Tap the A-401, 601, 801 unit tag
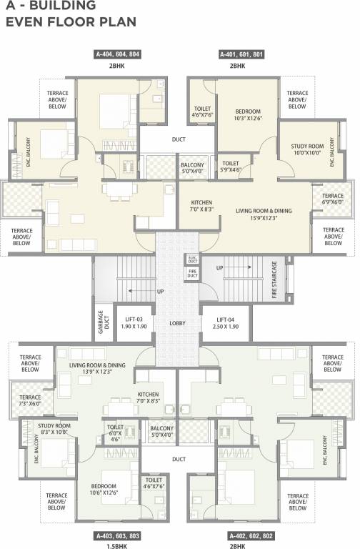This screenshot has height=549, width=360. pyautogui.click(x=237, y=54)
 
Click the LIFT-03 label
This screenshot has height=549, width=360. pyautogui.click(x=135, y=322)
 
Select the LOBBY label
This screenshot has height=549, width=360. pyautogui.click(x=178, y=323)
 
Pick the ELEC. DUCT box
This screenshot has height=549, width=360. pyautogui.click(x=192, y=259)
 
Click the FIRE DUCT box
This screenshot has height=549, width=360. pyautogui.click(x=192, y=272)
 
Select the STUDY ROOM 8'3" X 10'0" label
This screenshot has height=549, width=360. pyautogui.click(x=54, y=429)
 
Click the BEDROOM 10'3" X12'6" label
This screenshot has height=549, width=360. pyautogui.click(x=249, y=114)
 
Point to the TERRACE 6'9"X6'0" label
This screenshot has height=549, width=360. pyautogui.click(x=332, y=199)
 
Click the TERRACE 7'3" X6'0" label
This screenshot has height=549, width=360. pyautogui.click(x=31, y=400)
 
